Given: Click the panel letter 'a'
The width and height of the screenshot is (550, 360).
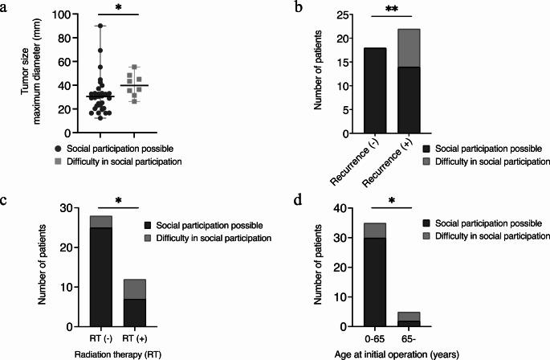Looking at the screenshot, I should (x=7, y=8).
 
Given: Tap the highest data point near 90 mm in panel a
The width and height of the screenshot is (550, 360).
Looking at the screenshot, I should (x=100, y=26).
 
